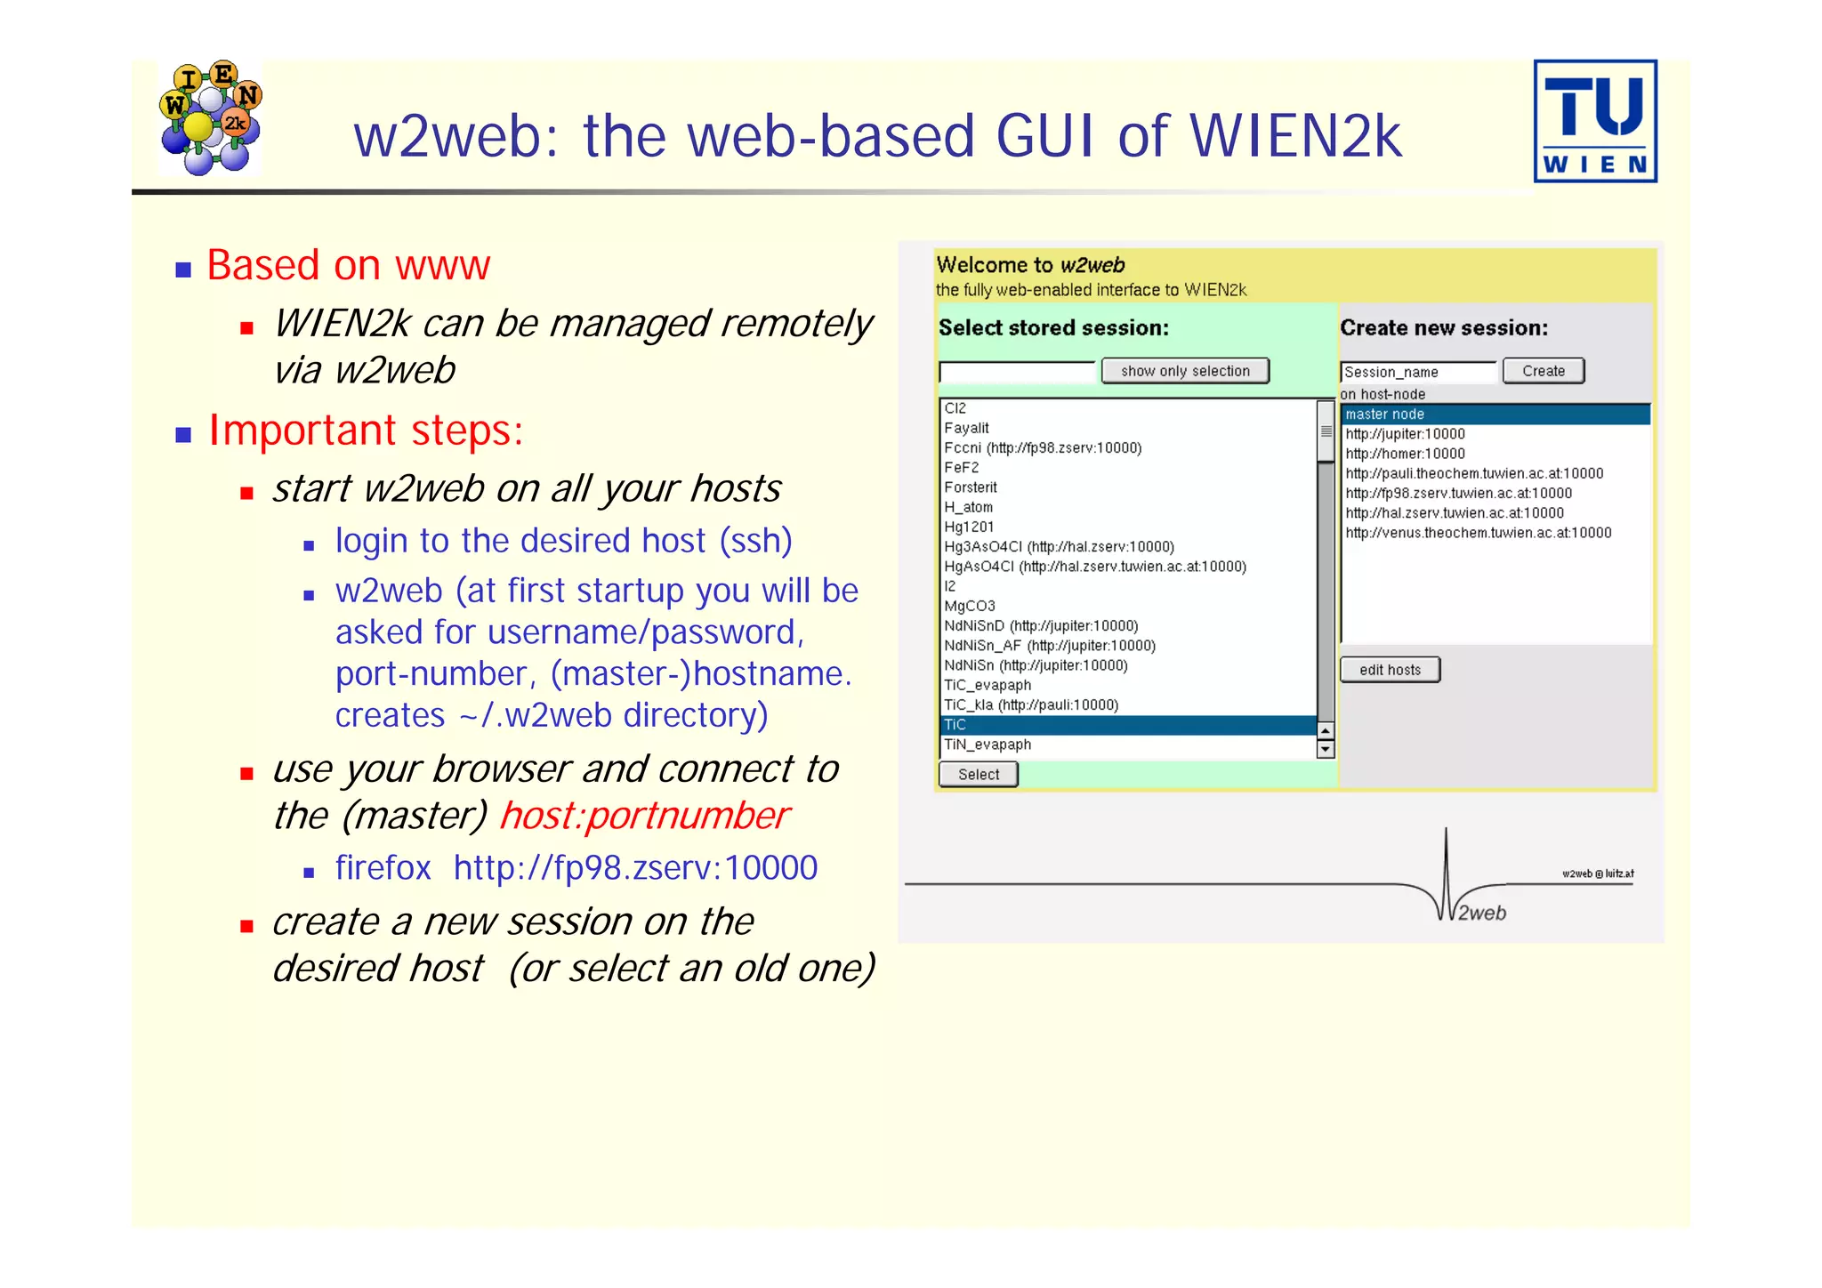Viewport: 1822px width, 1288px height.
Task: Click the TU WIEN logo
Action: [1594, 121]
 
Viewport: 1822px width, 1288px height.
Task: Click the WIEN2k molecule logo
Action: [211, 117]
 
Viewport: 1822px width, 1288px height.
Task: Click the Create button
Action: [1543, 371]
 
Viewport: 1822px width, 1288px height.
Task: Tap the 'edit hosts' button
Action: [1390, 670]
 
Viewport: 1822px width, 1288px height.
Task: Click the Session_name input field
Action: [1417, 372]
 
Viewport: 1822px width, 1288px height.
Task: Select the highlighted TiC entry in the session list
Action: [1128, 725]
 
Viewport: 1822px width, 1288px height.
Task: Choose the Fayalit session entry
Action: [967, 428]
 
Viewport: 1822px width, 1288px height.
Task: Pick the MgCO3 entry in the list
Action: [970, 606]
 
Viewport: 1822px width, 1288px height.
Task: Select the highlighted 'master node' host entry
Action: [1495, 415]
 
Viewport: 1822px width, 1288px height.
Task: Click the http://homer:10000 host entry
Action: [1405, 454]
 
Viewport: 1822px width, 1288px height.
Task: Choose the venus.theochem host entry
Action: [1478, 533]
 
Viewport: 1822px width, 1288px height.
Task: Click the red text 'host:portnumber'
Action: [644, 816]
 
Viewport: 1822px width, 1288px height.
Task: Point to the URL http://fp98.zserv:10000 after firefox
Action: [635, 867]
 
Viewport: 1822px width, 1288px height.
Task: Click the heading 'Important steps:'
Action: [366, 431]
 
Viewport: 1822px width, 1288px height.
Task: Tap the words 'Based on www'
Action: [348, 265]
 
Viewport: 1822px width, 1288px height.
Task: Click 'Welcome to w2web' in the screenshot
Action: [1030, 265]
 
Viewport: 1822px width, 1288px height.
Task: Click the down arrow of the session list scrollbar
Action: [1326, 750]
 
